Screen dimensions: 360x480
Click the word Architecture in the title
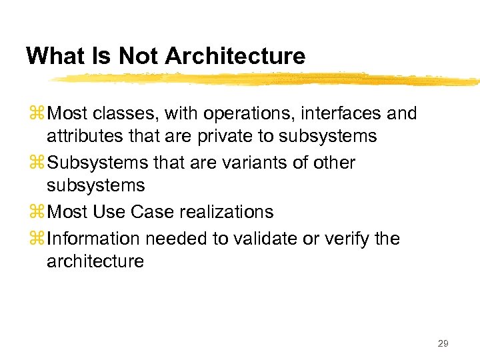tap(235, 56)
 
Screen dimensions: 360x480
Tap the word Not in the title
tap(141, 56)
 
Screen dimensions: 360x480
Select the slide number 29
tap(443, 343)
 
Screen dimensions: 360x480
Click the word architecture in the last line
tap(95, 261)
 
